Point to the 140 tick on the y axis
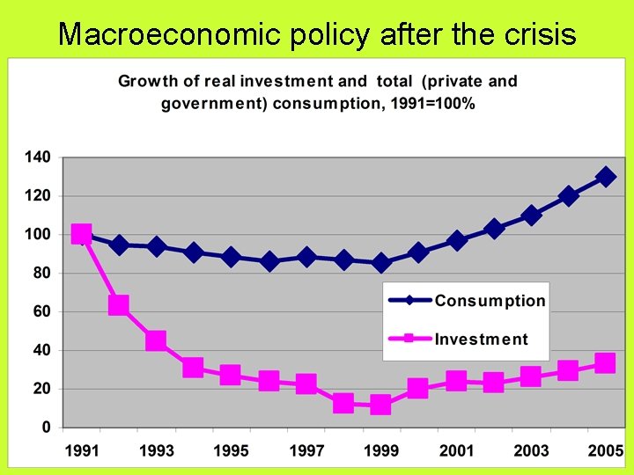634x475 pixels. tap(38, 157)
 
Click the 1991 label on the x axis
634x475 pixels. tap(81, 451)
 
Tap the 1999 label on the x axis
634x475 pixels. tap(380, 451)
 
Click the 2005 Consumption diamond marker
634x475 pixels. tap(606, 177)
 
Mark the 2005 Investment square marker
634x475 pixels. tap(605, 363)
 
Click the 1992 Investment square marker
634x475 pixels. tap(119, 305)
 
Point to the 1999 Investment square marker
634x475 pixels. tap(380, 405)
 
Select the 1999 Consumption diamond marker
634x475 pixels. tap(380, 263)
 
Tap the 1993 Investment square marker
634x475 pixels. tap(156, 340)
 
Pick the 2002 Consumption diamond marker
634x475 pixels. tap(493, 229)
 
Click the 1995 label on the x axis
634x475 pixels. tap(231, 451)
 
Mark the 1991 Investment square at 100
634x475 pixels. tap(81, 234)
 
